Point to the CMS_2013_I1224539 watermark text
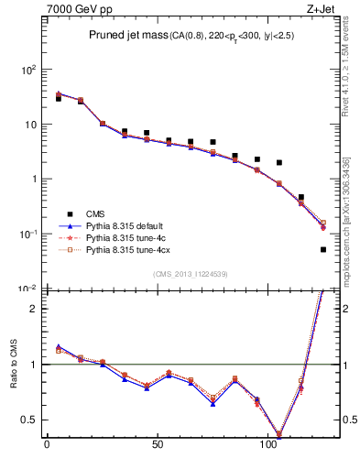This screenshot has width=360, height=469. coord(191,273)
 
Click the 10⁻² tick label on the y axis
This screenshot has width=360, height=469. coord(26,289)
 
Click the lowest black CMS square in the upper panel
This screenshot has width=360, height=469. coord(323,249)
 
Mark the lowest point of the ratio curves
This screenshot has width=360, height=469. coord(279,434)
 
